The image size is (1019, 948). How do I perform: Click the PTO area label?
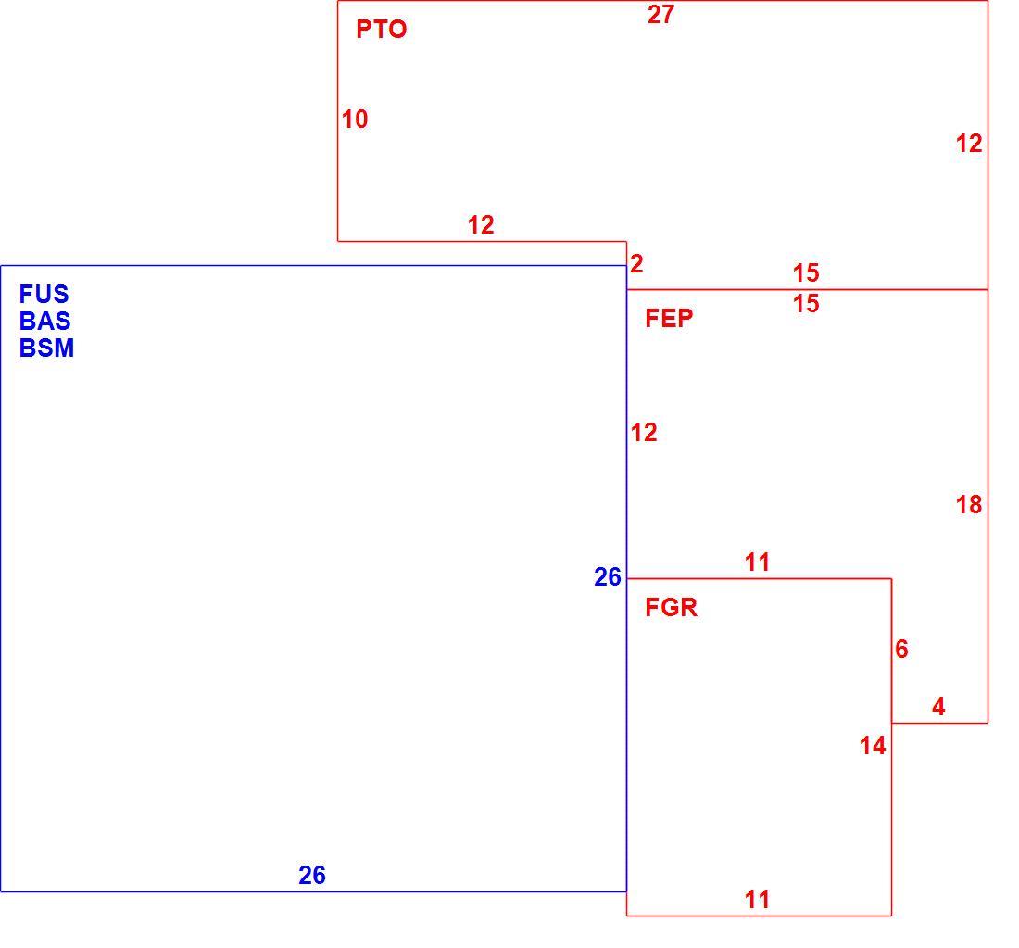coord(382,30)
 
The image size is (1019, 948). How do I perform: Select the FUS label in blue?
coord(44,295)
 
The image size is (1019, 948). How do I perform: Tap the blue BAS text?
coord(44,322)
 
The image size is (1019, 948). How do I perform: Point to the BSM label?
coord(47,348)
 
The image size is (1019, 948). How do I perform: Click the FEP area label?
coord(669,319)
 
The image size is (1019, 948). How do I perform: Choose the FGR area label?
coord(672,608)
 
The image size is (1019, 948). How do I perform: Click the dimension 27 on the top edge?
coord(660,14)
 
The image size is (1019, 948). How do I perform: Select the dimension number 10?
coord(355,120)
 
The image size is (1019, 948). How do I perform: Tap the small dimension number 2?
coord(637,264)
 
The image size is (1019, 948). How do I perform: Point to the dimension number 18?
coord(969,504)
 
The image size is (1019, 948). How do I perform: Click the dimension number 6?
coord(901,649)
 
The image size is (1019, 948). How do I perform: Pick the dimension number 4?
coord(938,707)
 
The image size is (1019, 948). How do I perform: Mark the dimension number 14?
coord(873,746)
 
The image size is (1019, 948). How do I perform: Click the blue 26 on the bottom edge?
coord(312,875)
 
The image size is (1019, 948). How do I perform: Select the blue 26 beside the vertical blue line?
coord(608,577)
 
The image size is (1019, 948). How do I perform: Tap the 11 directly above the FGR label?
coord(757,562)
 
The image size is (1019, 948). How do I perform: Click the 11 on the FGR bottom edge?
coord(757,900)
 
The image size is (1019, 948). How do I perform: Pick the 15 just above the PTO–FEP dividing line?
coord(806,273)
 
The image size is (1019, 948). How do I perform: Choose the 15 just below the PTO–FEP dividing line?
coord(806,304)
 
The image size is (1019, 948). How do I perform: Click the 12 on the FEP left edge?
coord(644,433)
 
